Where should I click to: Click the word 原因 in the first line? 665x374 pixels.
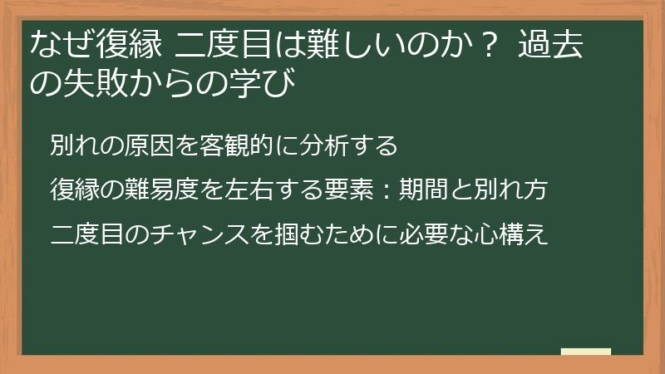click(x=153, y=145)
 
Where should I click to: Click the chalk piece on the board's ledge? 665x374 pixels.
click(x=586, y=352)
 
